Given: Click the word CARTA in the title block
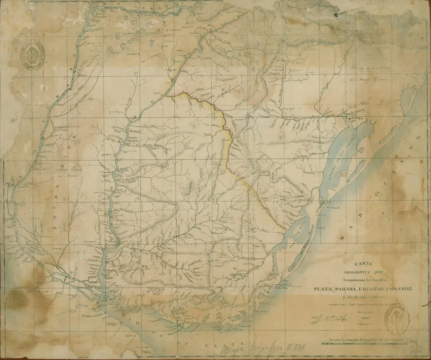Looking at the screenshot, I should click(363, 263).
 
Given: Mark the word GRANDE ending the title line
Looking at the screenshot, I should click(404, 288).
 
